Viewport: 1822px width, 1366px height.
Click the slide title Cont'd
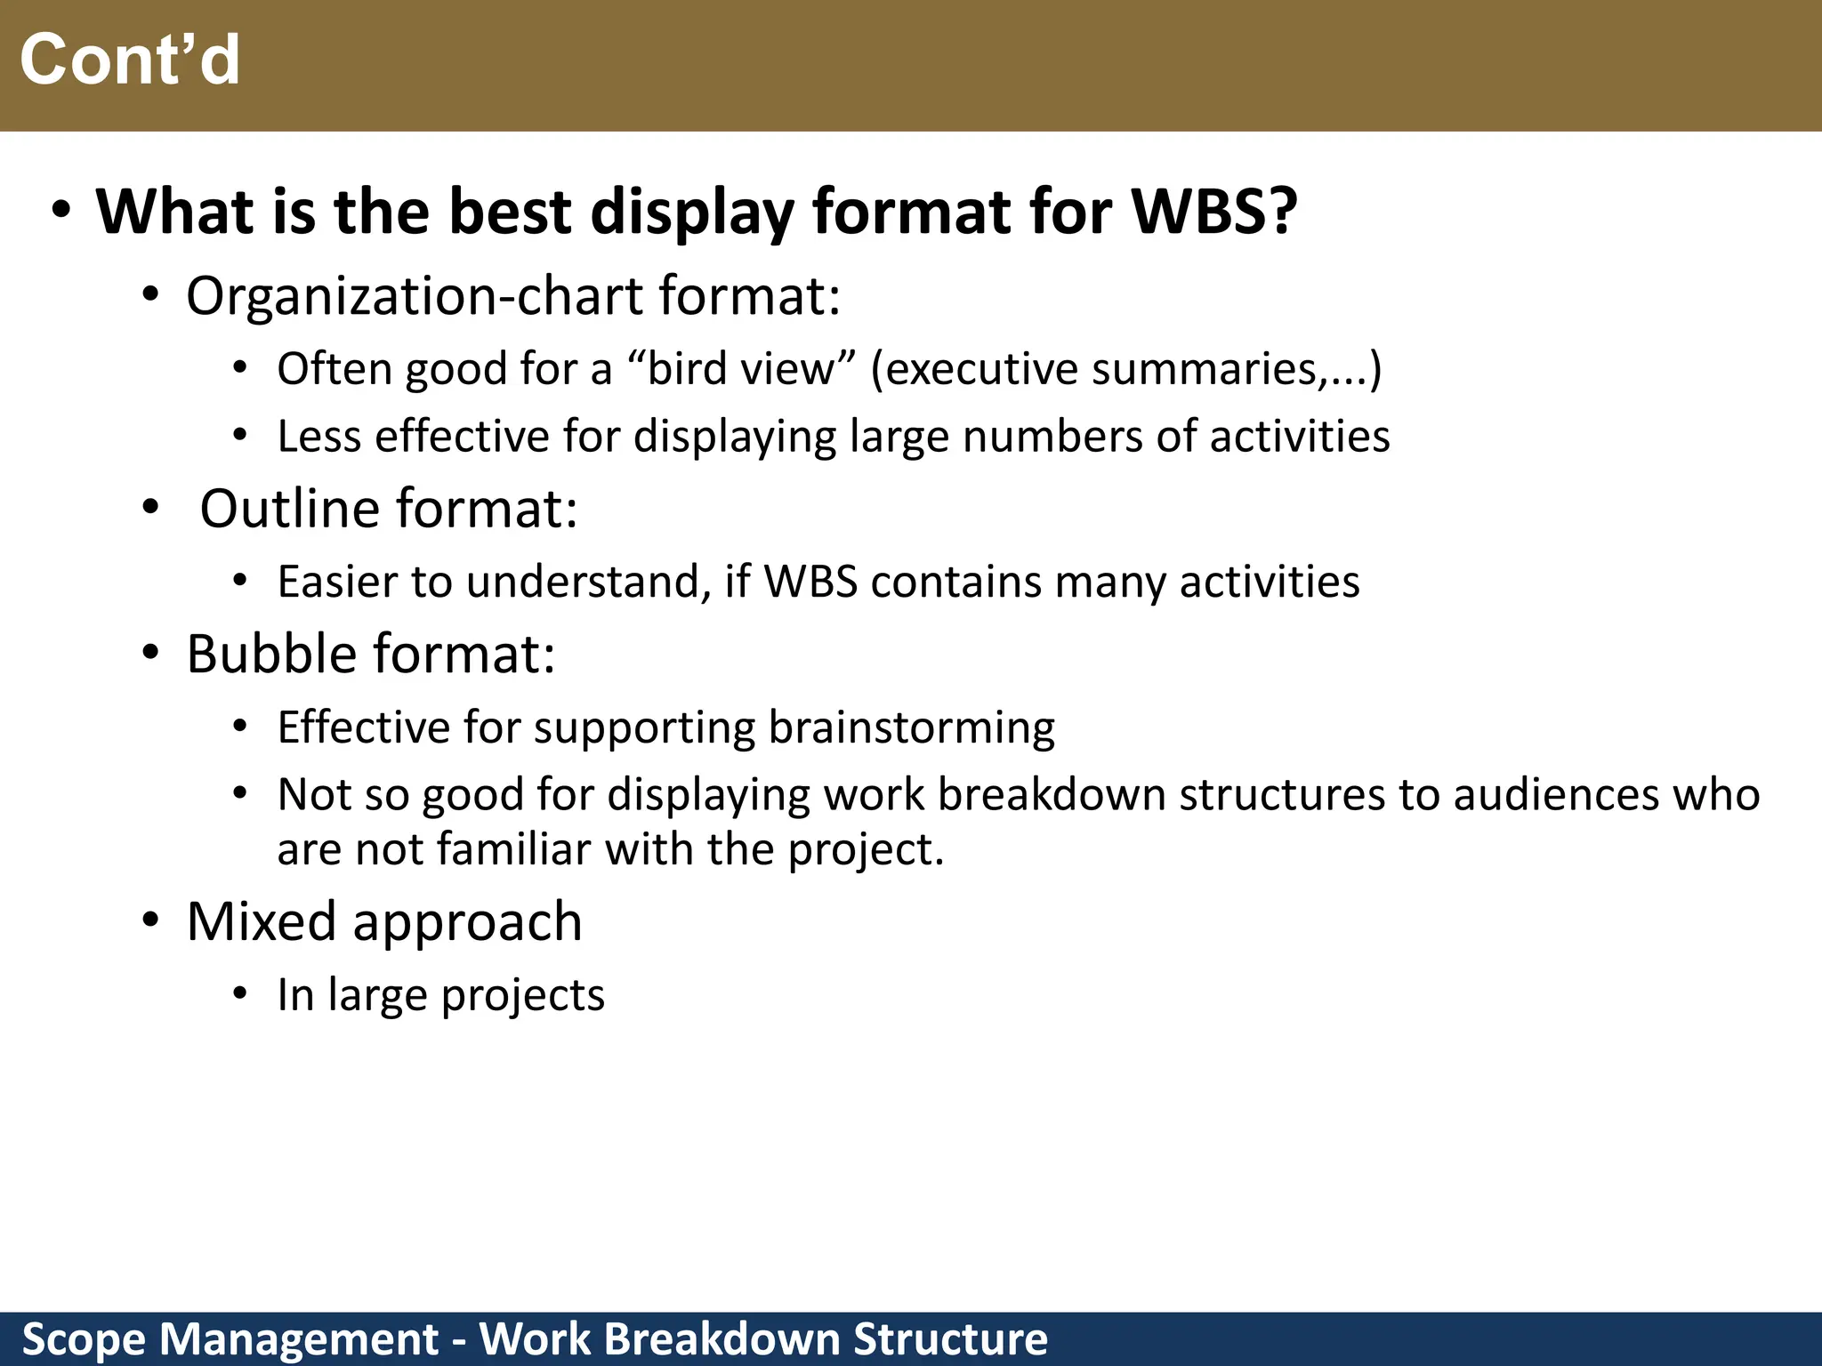pyautogui.click(x=130, y=60)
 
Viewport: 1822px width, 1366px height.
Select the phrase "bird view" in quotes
pyautogui.click(x=741, y=368)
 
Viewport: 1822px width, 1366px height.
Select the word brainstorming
pyautogui.click(x=911, y=727)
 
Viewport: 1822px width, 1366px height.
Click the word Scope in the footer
pyautogui.click(x=83, y=1338)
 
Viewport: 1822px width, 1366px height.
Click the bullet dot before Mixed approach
pyautogui.click(x=151, y=920)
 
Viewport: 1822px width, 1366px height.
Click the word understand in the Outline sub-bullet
pyautogui.click(x=587, y=582)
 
